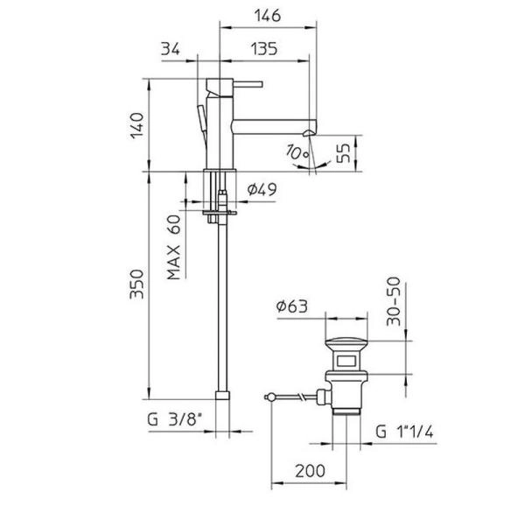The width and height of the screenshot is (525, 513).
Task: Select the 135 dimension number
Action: click(263, 50)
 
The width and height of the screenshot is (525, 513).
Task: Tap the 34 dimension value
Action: click(171, 50)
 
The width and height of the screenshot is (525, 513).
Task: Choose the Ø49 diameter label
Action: click(261, 189)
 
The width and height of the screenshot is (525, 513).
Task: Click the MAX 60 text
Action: click(174, 247)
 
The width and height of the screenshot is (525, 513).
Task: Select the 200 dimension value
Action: click(307, 471)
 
